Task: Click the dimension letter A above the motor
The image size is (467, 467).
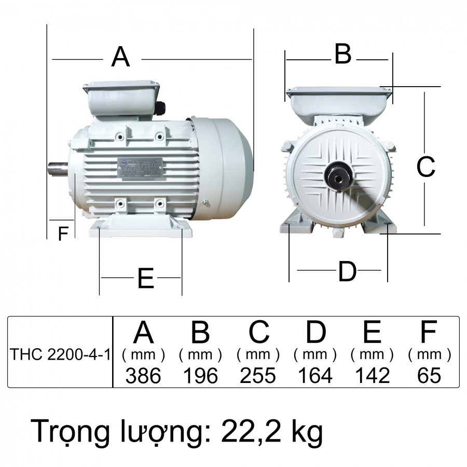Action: tap(120, 57)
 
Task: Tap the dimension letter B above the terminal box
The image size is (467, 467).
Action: tap(343, 54)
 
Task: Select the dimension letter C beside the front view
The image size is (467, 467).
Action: tap(426, 167)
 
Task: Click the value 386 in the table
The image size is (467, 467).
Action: tap(144, 375)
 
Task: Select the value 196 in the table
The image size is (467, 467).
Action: tap(201, 375)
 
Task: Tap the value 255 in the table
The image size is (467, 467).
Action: tap(258, 375)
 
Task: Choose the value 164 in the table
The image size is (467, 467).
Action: tap(315, 375)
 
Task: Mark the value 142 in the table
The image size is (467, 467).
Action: tap(372, 375)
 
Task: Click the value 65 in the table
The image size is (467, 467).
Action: tap(429, 375)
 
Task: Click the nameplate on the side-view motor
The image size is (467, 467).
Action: tap(140, 168)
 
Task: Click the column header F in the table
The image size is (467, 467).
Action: tap(429, 333)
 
